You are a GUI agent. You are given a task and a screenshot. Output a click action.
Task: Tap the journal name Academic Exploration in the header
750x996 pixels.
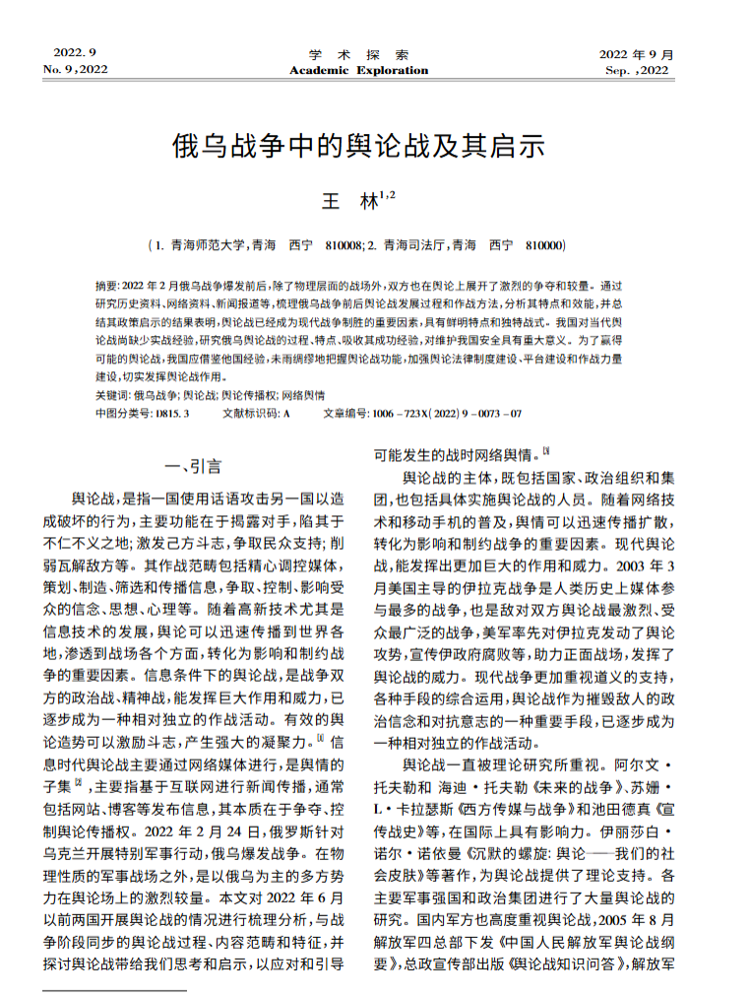pos(358,70)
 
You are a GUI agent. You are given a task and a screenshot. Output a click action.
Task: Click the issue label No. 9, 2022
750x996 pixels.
pos(76,69)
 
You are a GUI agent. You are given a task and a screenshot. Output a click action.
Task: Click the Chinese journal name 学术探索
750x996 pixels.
pos(358,53)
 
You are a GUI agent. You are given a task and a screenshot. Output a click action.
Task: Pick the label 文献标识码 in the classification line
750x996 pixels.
pos(251,413)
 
